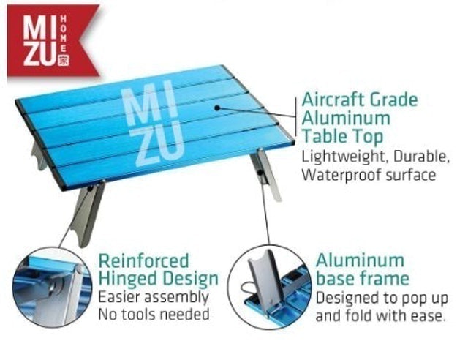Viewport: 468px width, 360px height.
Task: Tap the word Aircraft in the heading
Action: (x=330, y=100)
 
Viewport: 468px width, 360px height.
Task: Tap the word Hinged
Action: (x=127, y=278)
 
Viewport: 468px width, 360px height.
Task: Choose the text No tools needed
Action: (x=154, y=315)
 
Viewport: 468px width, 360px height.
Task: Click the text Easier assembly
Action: (x=154, y=298)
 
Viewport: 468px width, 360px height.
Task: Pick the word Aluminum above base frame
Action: (x=359, y=260)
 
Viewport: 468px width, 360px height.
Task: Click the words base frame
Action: (x=362, y=278)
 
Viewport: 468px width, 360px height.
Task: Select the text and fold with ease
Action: (x=380, y=316)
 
